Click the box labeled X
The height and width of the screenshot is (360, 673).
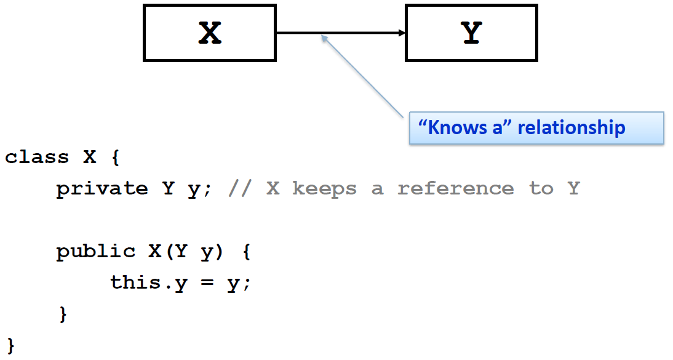pos(210,33)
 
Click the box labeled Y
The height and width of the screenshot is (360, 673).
pos(471,33)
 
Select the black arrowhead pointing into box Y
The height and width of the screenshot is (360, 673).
pos(402,33)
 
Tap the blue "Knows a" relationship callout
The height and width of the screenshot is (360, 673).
pos(536,128)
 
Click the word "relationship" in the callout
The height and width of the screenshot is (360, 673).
pos(571,128)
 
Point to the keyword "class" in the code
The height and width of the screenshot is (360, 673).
pos(37,157)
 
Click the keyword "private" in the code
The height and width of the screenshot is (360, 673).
pos(102,188)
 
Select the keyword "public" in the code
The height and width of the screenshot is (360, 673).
pos(96,251)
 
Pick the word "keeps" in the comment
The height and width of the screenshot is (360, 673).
pos(324,188)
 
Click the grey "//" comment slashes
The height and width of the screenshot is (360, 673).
pos(240,188)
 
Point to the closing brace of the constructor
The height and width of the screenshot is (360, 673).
pos(62,314)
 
